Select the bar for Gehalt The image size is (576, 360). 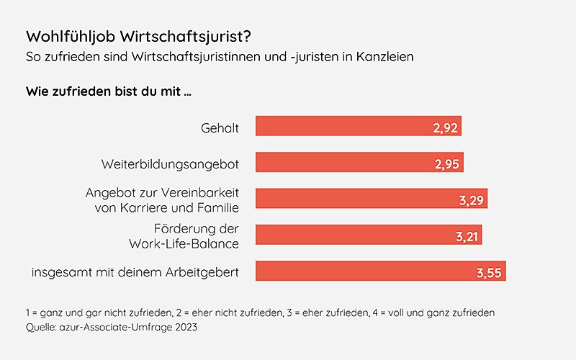[338, 127]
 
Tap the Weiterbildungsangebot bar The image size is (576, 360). [338, 163]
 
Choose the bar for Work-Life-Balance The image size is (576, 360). [346, 235]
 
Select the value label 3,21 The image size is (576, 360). [466, 236]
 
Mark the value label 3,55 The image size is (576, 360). [490, 273]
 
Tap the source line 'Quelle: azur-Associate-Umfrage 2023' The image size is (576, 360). [112, 328]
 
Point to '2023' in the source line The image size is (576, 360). [184, 328]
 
